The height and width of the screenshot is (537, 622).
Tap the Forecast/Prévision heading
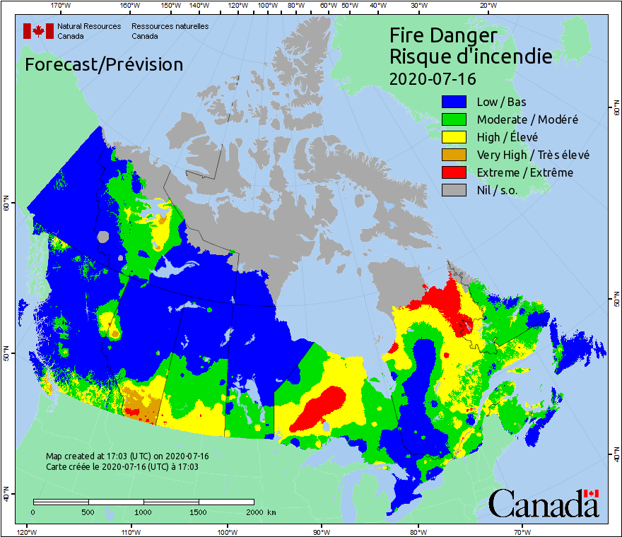[104, 65]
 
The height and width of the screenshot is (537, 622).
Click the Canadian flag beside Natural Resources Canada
[38, 30]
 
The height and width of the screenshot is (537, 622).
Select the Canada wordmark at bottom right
[544, 504]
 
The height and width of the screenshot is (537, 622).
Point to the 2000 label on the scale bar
[258, 512]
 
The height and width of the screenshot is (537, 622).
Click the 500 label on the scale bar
[88, 512]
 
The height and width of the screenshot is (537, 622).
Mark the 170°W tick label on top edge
[61, 6]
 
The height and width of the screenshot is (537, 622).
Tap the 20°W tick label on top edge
[486, 6]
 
